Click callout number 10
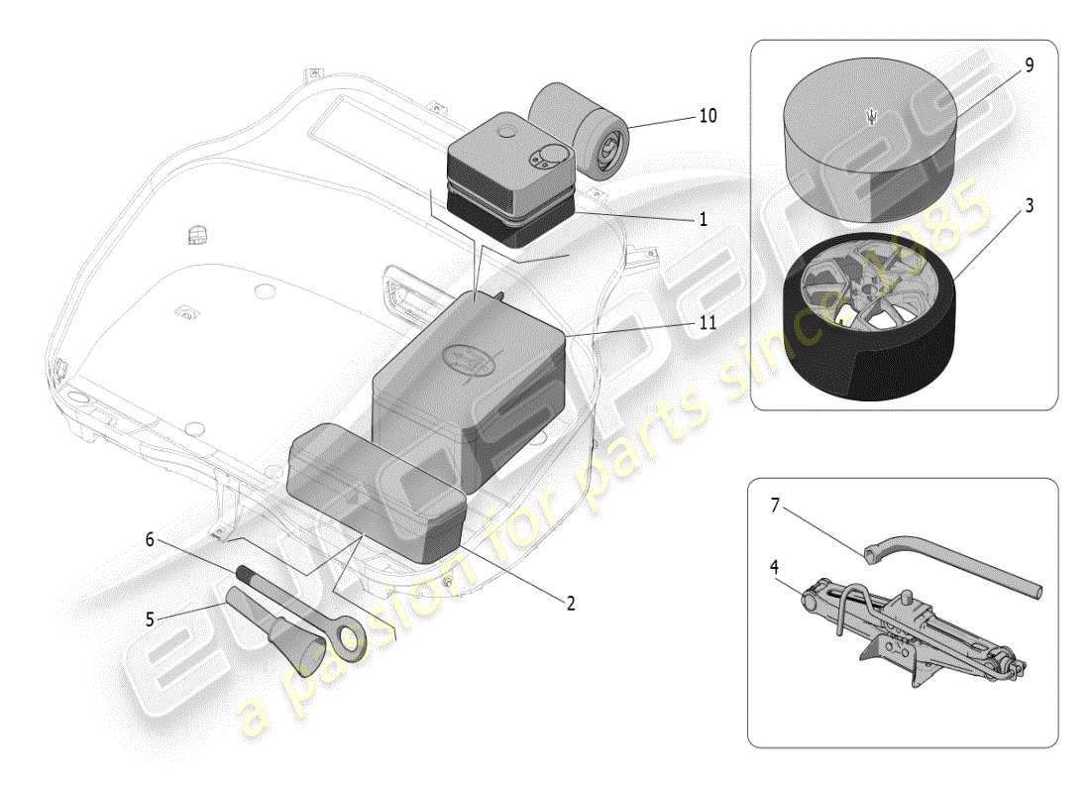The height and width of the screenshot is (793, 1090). click(x=707, y=116)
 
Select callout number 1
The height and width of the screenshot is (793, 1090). click(x=702, y=219)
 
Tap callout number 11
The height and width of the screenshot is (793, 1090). click(x=707, y=322)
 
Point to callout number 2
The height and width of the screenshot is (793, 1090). click(x=570, y=602)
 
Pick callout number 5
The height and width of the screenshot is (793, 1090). click(x=150, y=620)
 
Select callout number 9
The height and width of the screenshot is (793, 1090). click(x=1029, y=65)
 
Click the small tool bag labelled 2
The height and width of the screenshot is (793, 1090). click(x=377, y=486)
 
